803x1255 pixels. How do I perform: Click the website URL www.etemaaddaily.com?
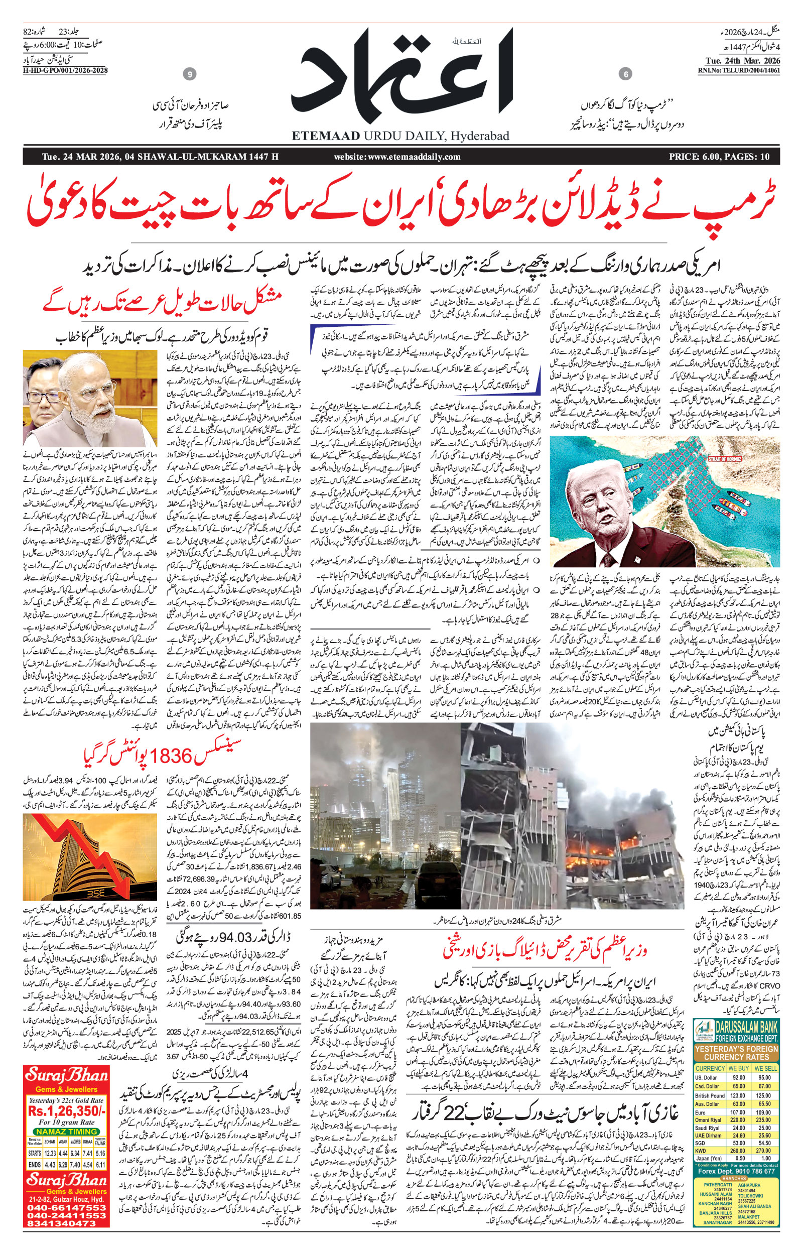point(397,157)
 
